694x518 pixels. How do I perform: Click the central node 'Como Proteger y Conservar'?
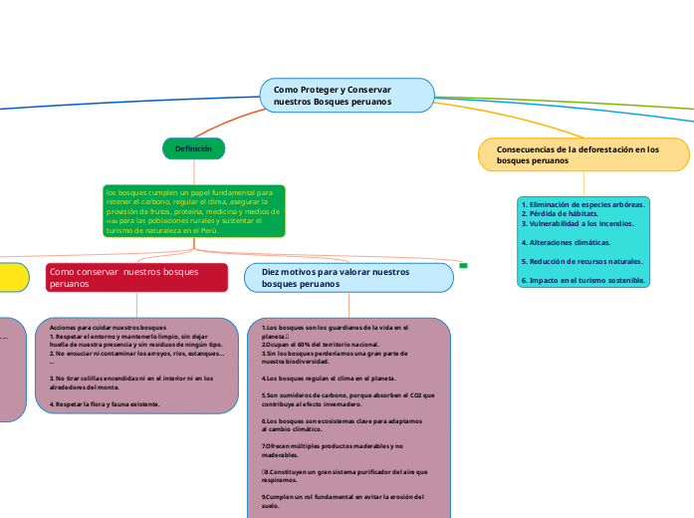(347, 96)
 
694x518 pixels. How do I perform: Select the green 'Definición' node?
(194, 148)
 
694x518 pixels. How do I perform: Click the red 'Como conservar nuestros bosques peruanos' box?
(136, 277)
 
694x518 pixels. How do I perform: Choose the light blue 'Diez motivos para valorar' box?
(347, 277)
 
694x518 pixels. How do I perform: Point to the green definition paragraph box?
(194, 211)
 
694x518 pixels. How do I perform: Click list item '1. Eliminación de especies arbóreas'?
(582, 203)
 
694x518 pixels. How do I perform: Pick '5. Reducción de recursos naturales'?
(582, 261)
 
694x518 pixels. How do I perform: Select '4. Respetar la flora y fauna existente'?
(105, 404)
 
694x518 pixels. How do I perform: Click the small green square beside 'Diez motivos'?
(464, 265)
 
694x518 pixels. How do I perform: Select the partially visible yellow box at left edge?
(12, 277)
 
